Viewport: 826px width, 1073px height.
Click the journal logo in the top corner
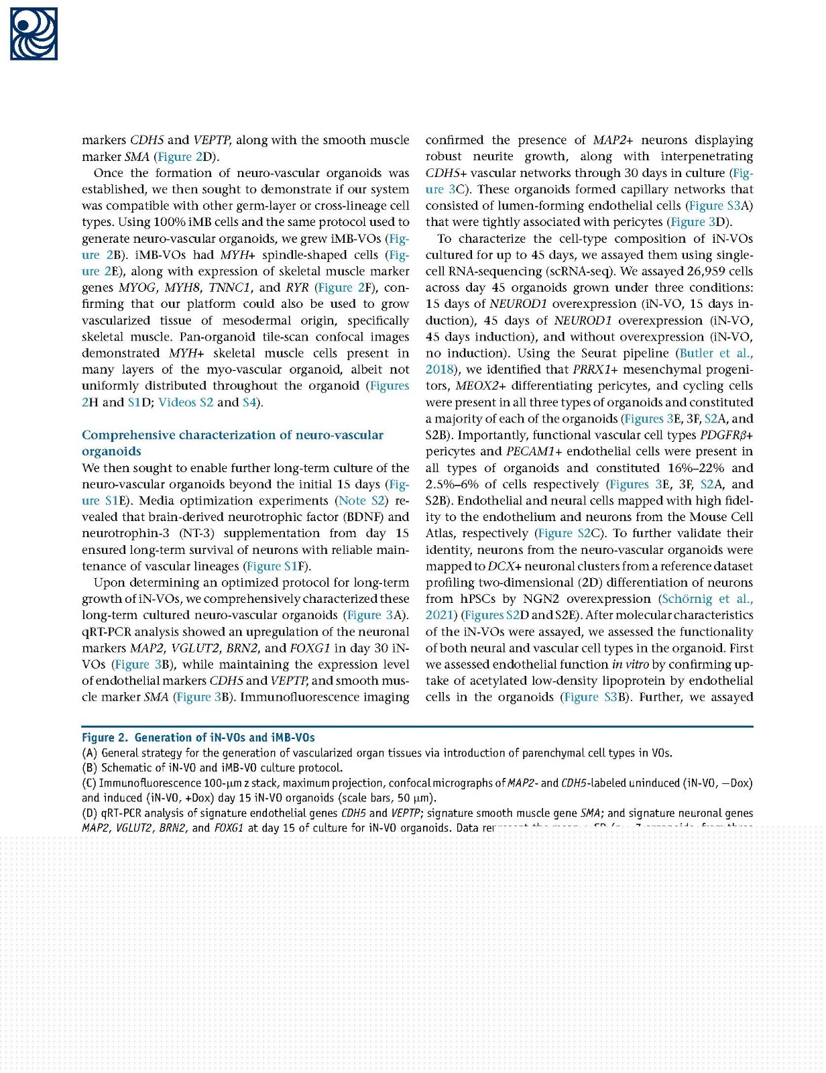[x=34, y=34]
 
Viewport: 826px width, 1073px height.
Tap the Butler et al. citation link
[x=715, y=353]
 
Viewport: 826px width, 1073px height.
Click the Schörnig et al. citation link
[x=706, y=599]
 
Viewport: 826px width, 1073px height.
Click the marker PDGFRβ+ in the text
[x=726, y=435]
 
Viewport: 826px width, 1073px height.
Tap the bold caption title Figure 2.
[x=104, y=738]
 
